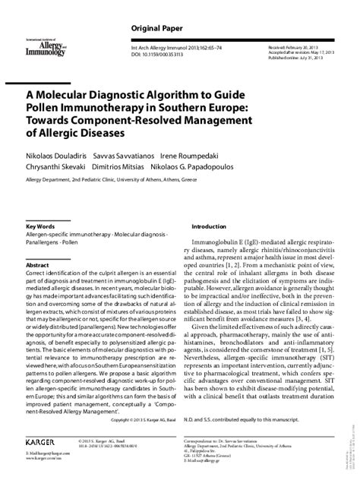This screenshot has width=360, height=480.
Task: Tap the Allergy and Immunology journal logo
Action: click(45, 50)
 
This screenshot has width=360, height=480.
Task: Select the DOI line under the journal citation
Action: click(145, 55)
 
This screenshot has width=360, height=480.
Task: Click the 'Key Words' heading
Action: click(40, 226)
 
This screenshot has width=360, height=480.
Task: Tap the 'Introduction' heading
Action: click(208, 226)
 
